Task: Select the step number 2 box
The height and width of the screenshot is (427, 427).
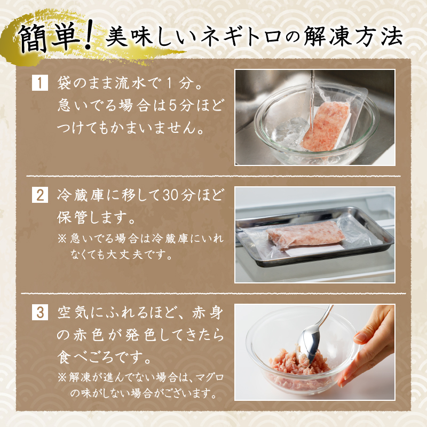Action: (x=39, y=195)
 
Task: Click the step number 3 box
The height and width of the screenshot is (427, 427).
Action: (x=39, y=313)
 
